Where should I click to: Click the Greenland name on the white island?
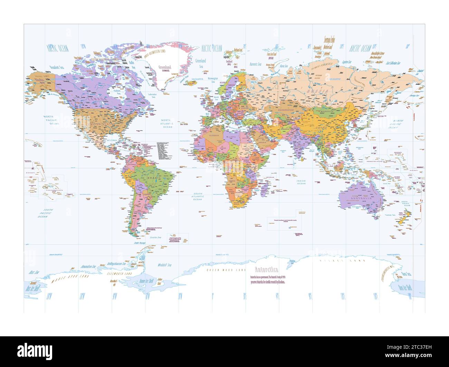click(164, 67)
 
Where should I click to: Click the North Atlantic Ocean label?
click(168, 123)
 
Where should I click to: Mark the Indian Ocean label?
click(301, 182)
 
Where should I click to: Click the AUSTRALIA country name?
click(361, 199)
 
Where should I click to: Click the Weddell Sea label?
click(164, 265)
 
